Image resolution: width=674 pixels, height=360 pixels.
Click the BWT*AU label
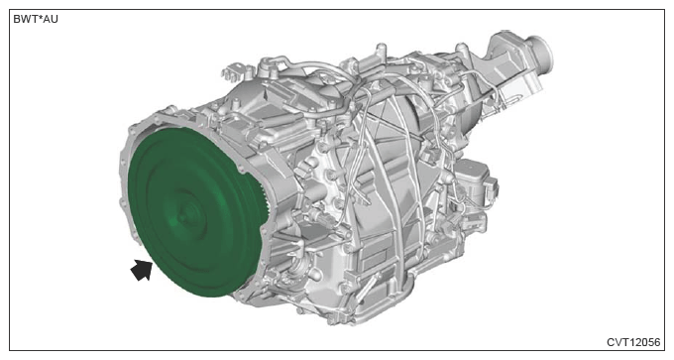[36, 20]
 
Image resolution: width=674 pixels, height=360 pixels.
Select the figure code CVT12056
[633, 342]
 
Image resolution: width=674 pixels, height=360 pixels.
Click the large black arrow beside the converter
[141, 270]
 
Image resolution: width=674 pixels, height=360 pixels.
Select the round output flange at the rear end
[541, 53]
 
